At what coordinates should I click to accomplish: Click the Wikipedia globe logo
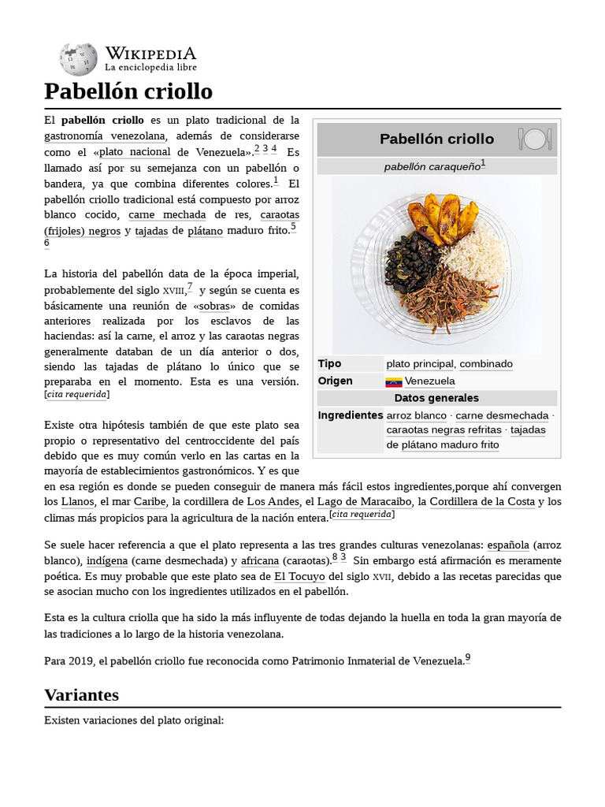coord(78,59)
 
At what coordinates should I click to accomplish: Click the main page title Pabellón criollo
coord(128,91)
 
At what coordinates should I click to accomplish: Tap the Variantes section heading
coord(82,694)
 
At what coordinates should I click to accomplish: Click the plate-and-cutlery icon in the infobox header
coord(535,139)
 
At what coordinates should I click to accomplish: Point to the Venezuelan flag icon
coord(394,382)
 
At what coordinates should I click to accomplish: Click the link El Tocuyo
coord(299,576)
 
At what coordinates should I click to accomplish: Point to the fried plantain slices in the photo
coord(445,216)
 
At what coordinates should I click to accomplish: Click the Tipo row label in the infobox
coord(329,364)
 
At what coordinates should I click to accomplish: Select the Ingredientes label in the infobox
coord(350,415)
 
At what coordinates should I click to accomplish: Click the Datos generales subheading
coord(436,398)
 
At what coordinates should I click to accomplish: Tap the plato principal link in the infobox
coord(420,364)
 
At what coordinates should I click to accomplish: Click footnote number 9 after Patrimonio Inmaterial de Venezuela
coord(468,658)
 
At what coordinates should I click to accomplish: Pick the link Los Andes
coord(273,501)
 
